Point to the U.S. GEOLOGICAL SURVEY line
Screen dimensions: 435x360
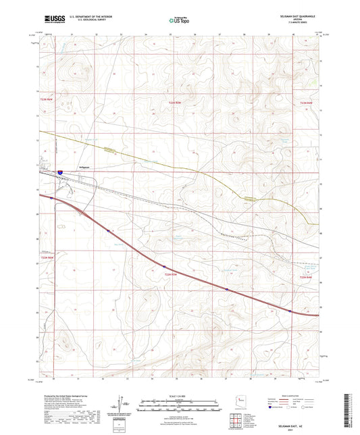click(83, 20)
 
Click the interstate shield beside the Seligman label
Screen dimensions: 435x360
click(60, 173)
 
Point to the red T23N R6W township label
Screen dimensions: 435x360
click(45, 100)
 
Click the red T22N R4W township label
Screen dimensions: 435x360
click(305, 277)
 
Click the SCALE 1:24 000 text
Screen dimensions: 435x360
click(179, 394)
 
